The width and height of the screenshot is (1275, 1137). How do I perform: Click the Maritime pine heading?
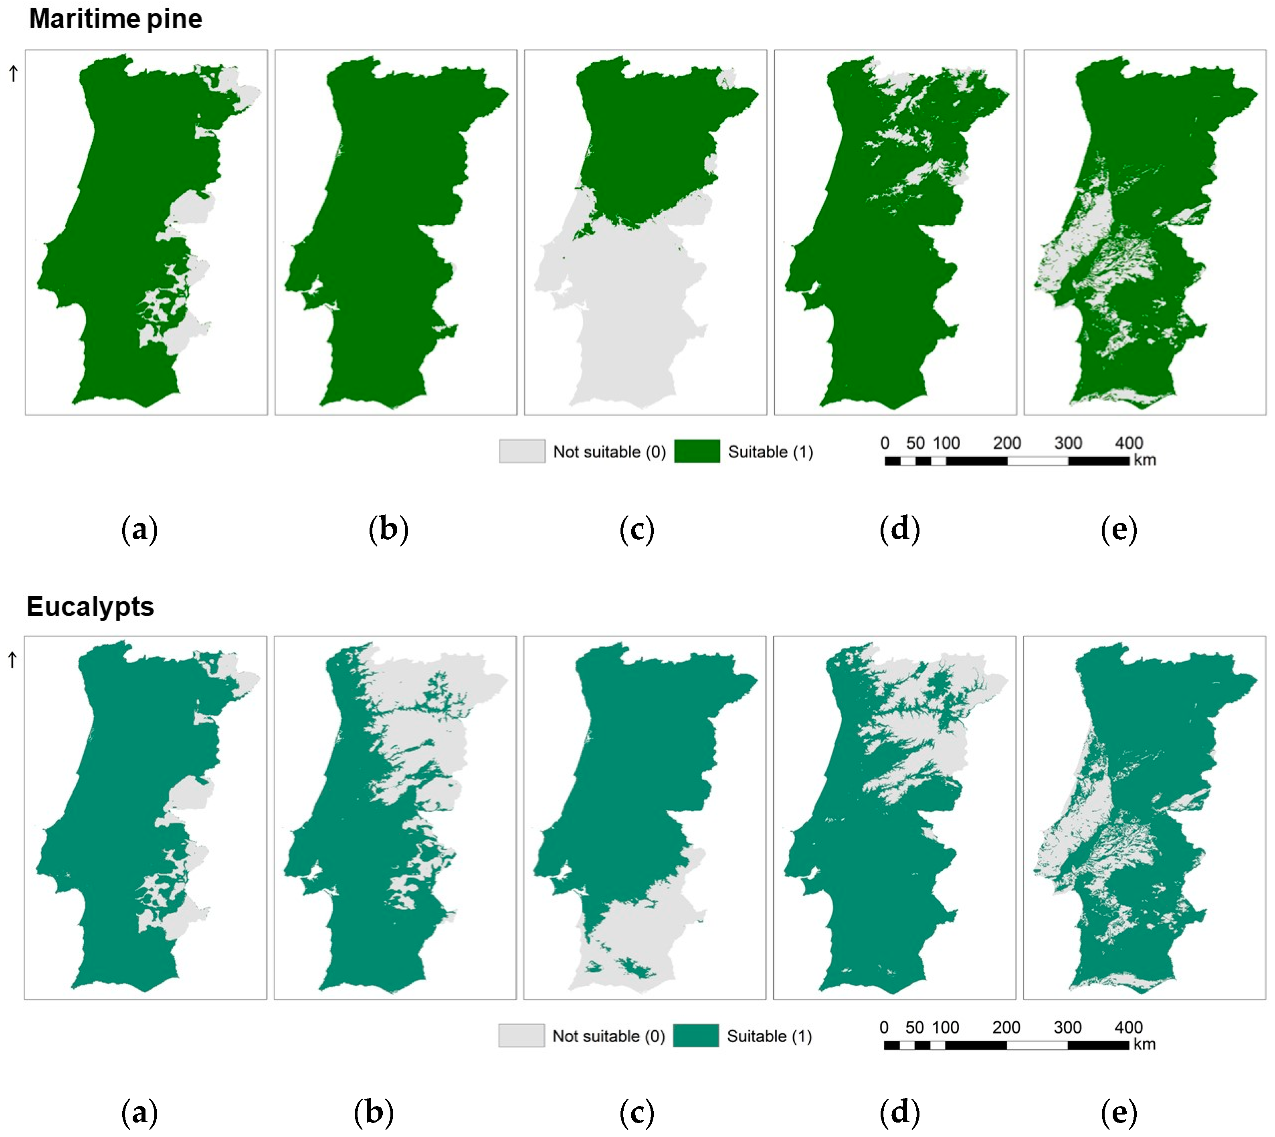[115, 19]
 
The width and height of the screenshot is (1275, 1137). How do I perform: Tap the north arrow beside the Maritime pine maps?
[13, 74]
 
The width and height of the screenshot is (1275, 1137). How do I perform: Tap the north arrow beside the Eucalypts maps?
[12, 660]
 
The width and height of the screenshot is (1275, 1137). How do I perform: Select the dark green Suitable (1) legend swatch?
[697, 451]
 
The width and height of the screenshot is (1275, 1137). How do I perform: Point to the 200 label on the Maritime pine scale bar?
[1006, 443]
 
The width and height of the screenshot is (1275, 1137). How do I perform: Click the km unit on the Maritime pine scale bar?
[1145, 460]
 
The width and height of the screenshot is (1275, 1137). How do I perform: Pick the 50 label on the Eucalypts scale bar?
[915, 1027]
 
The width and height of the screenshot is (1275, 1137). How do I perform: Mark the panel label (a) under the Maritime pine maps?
[139, 529]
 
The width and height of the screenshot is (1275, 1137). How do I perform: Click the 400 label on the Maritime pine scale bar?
[1129, 443]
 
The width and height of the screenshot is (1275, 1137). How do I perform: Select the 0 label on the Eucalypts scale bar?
[884, 1027]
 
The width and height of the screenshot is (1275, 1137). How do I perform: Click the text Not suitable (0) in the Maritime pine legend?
[609, 452]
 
